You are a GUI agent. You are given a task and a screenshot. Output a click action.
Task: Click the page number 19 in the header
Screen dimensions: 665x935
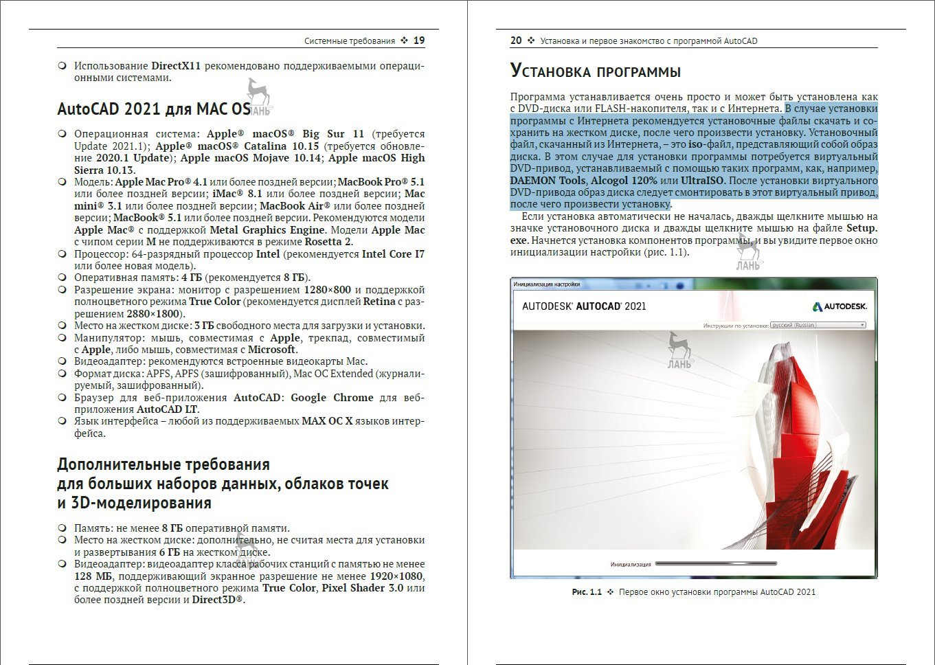419,41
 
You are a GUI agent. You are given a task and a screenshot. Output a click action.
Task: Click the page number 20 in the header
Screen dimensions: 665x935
516,41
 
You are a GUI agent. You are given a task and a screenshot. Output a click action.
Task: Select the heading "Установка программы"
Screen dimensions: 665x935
595,71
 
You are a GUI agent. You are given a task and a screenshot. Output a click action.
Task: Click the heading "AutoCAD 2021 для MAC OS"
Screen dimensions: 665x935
153,109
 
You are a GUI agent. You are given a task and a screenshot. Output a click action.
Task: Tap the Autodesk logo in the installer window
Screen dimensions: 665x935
840,306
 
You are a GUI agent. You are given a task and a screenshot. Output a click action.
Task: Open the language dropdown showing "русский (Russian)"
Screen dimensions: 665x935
818,325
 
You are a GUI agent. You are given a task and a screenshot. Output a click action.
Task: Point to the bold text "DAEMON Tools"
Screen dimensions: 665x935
548,181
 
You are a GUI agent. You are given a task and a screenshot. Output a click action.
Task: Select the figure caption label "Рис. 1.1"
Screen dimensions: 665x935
587,592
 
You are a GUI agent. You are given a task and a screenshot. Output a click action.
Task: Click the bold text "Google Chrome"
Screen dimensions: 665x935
332,398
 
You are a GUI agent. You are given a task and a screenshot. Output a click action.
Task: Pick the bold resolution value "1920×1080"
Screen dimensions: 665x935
397,576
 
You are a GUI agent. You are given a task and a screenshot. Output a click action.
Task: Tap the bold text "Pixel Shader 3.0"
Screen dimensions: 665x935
363,588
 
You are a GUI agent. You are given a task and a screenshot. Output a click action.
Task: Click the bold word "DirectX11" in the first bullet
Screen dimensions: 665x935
176,66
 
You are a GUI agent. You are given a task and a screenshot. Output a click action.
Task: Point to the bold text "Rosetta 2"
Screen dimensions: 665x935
328,242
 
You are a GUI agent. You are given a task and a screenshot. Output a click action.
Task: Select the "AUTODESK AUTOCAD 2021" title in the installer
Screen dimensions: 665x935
584,306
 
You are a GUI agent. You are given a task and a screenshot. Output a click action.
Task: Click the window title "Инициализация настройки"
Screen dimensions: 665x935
547,284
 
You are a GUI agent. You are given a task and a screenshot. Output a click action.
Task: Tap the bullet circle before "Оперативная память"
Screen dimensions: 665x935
62,278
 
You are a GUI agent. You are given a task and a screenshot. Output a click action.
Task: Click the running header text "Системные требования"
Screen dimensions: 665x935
350,41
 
